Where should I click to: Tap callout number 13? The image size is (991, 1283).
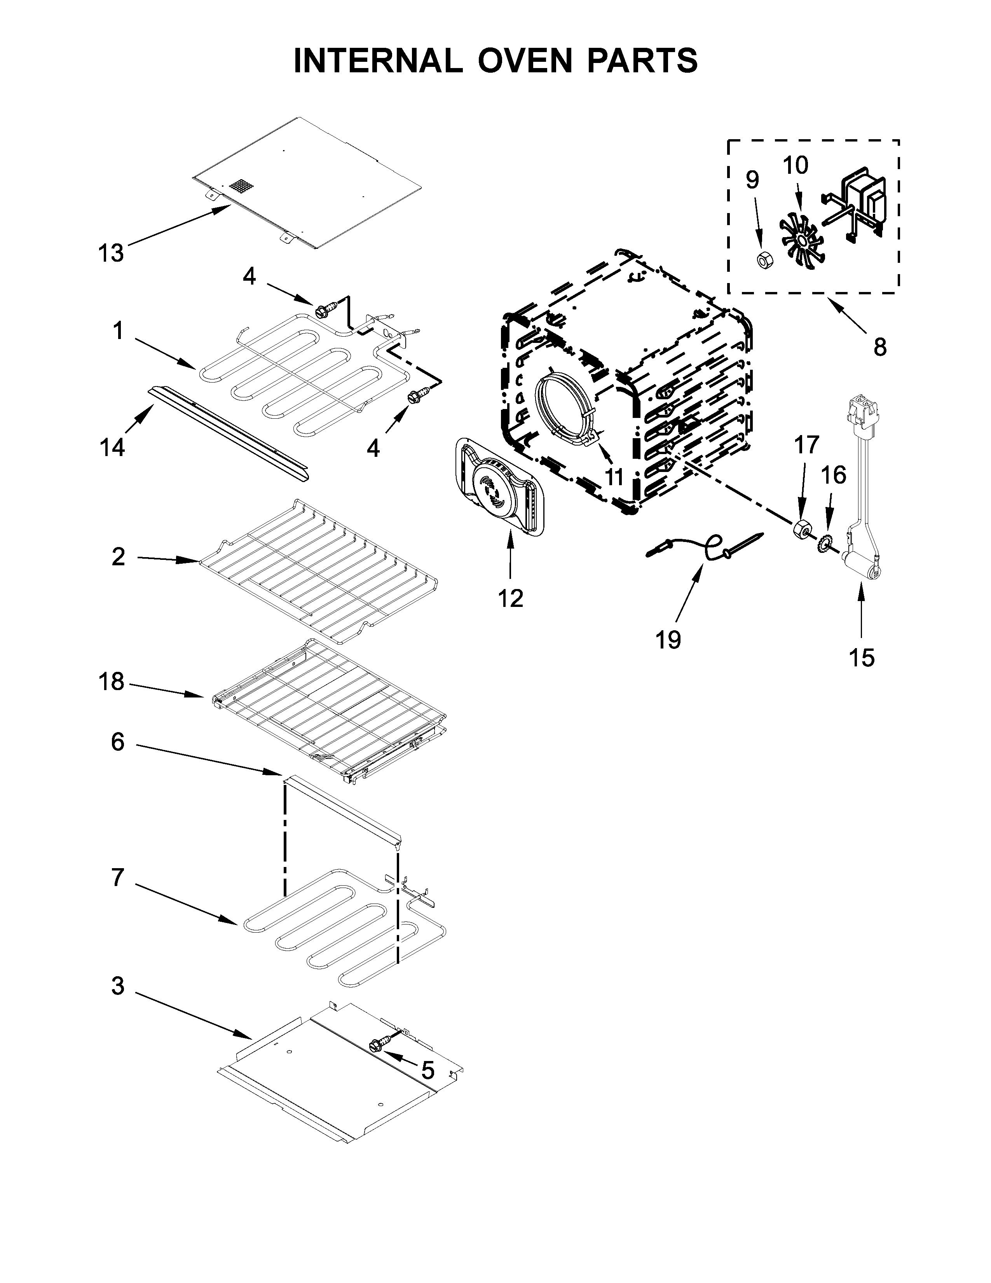(110, 253)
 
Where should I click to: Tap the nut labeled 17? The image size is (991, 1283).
(801, 528)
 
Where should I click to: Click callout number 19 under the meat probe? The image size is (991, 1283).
(668, 640)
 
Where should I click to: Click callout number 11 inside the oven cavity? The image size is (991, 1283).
(614, 477)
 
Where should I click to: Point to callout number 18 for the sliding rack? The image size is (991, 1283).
(112, 682)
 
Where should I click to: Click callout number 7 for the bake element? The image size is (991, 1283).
(117, 877)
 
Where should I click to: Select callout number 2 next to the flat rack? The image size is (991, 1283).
(118, 556)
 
